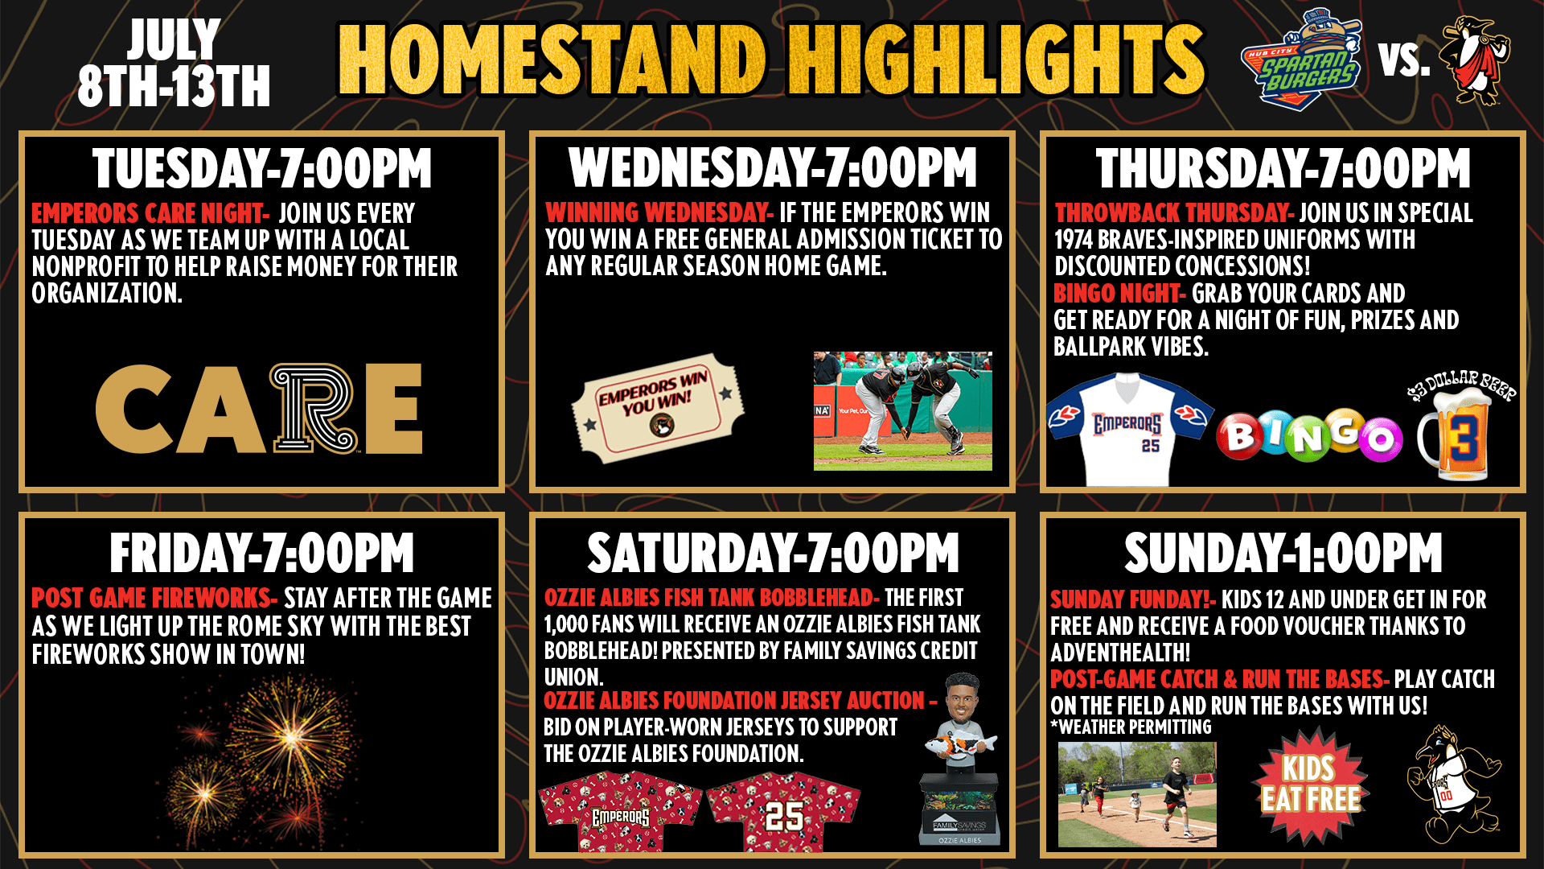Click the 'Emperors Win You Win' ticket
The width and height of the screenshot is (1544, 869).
[x=658, y=407]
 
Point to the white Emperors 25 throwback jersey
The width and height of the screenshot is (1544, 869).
[x=1129, y=429]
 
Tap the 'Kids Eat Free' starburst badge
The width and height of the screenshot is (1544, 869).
[x=1310, y=785]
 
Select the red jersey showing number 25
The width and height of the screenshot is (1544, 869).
[x=784, y=811]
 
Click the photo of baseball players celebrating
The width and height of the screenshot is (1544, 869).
[x=903, y=410]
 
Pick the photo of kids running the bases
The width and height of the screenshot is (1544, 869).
[x=1137, y=794]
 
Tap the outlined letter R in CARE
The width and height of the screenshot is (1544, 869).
[x=314, y=408]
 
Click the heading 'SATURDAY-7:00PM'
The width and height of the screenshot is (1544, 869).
[x=773, y=553]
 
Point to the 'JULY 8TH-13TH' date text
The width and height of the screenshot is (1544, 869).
[x=174, y=63]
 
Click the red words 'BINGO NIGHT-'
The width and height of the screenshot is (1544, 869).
[x=1119, y=294]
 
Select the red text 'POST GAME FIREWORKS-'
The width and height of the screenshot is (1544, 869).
[x=154, y=598]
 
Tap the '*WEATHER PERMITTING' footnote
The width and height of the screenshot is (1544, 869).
[x=1131, y=727]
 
